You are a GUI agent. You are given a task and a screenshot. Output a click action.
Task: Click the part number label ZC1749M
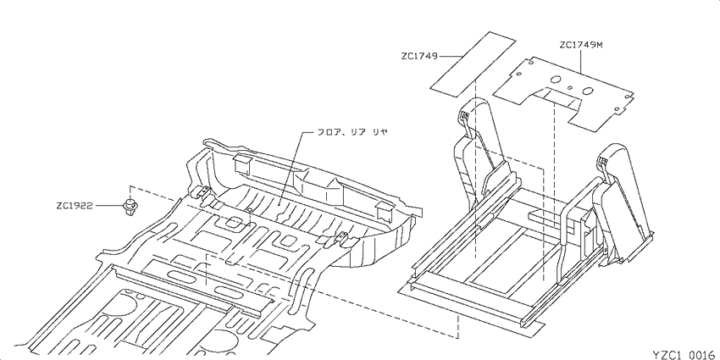pyautogui.click(x=580, y=46)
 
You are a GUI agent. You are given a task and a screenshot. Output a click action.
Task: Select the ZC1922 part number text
pyautogui.click(x=75, y=206)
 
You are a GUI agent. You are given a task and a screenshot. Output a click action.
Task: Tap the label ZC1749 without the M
pyautogui.click(x=419, y=57)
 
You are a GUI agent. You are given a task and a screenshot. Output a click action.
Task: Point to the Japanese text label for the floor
pyautogui.click(x=352, y=132)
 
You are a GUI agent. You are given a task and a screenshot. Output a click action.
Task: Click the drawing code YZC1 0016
pyautogui.click(x=685, y=354)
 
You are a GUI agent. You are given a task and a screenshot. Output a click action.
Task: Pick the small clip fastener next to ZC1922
pyautogui.click(x=131, y=207)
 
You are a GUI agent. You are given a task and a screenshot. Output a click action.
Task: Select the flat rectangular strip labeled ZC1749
pyautogui.click(x=473, y=64)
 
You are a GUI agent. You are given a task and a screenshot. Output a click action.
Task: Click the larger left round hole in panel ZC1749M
pyautogui.click(x=555, y=79)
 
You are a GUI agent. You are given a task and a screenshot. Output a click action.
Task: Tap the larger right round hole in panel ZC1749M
pyautogui.click(x=586, y=91)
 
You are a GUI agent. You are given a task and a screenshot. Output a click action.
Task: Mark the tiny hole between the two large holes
pyautogui.click(x=570, y=87)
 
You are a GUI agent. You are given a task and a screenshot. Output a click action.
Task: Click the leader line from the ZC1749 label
pyautogui.click(x=451, y=57)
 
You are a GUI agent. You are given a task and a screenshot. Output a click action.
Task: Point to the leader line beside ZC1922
pyautogui.click(x=108, y=206)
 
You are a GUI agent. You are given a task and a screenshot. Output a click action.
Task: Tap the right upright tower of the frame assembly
pyautogui.click(x=623, y=202)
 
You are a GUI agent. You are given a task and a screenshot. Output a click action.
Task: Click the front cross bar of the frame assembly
pyautogui.click(x=473, y=304)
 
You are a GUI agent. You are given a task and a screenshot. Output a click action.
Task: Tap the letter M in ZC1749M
pyautogui.click(x=598, y=46)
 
